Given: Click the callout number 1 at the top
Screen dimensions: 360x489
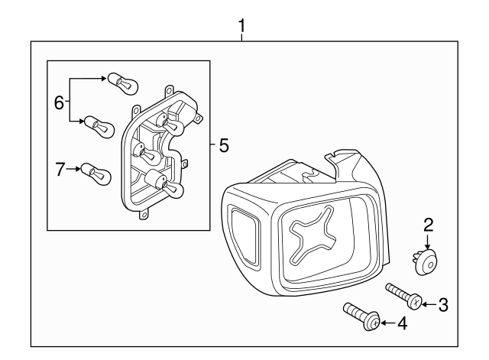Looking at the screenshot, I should click(x=242, y=27).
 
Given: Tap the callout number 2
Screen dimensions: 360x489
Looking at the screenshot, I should click(x=429, y=225).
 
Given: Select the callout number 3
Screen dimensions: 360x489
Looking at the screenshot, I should click(x=443, y=305).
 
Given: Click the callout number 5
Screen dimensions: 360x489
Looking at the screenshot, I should click(x=223, y=144).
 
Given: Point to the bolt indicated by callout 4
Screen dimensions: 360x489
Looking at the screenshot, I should click(x=361, y=316).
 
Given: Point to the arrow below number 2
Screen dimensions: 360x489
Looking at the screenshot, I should click(x=429, y=242).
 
